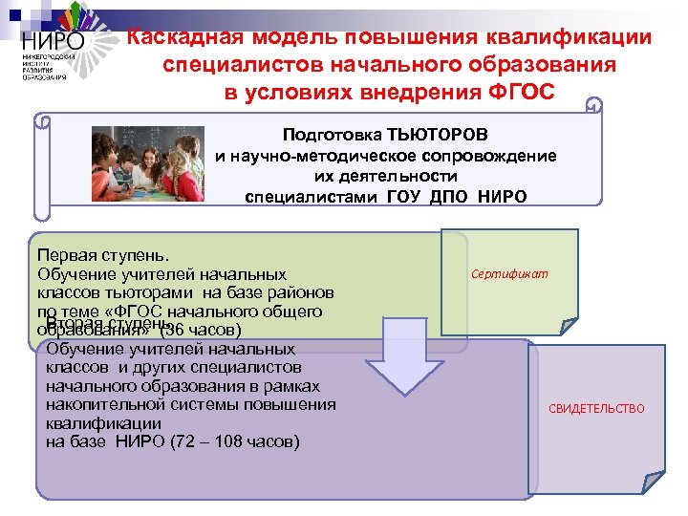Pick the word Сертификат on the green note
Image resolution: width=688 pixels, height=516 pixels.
pos(509,274)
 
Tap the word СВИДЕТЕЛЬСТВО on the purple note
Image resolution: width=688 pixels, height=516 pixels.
pos(596,409)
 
